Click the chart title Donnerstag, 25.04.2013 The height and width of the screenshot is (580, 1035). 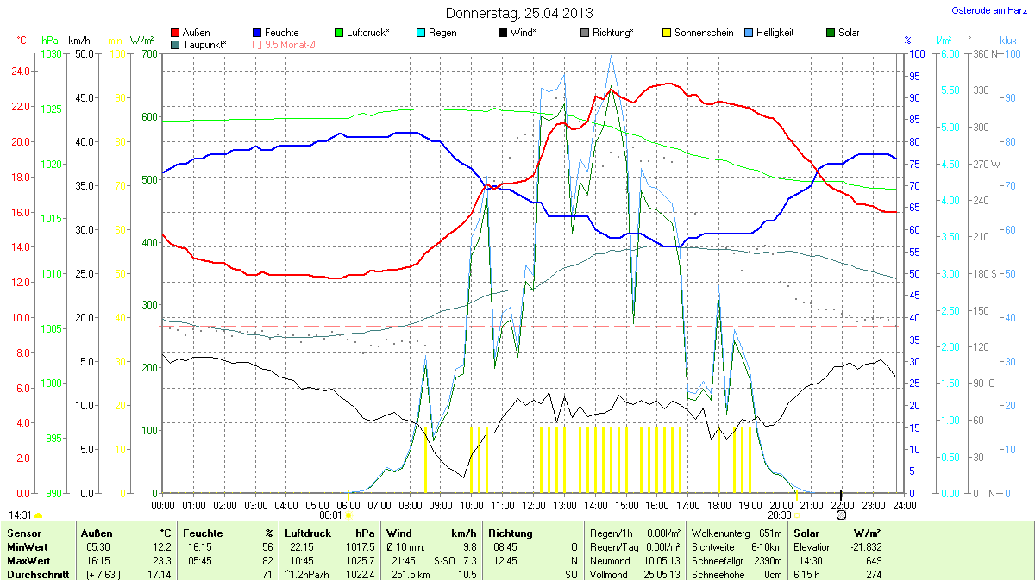click(x=519, y=13)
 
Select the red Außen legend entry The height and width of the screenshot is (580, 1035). click(x=191, y=33)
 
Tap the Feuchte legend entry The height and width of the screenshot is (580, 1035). click(x=276, y=33)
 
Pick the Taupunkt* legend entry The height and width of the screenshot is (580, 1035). click(x=199, y=44)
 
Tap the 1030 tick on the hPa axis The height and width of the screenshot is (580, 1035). click(x=51, y=54)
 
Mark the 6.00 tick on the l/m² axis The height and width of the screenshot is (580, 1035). click(x=948, y=54)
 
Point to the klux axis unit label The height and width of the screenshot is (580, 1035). click(x=1007, y=41)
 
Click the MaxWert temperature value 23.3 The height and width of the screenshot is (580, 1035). click(x=160, y=560)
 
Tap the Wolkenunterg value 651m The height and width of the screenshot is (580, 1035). click(x=771, y=534)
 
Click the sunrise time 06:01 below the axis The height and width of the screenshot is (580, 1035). click(x=331, y=515)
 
